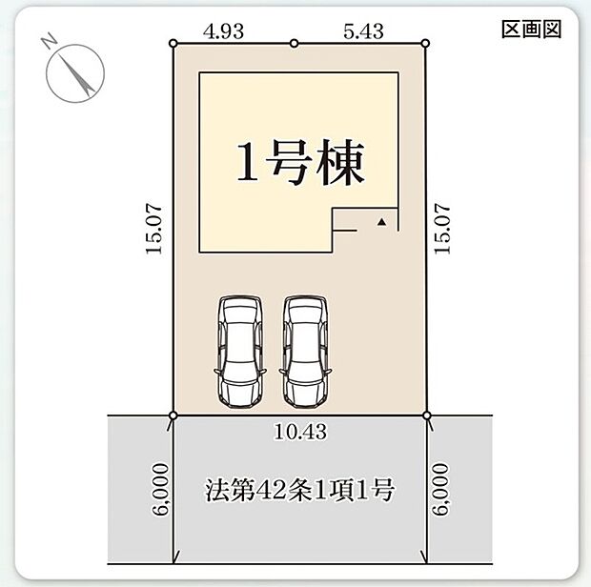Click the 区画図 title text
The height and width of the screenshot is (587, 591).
click(x=531, y=30)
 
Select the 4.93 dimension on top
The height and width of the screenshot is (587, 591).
click(x=225, y=30)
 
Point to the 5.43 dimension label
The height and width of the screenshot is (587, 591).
click(x=364, y=30)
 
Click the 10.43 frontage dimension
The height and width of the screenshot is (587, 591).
click(x=299, y=432)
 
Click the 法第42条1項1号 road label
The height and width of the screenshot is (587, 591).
click(x=299, y=493)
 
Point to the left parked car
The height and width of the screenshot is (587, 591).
click(x=239, y=351)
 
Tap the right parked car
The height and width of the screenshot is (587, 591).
click(x=304, y=351)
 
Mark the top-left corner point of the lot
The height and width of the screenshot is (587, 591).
click(x=173, y=43)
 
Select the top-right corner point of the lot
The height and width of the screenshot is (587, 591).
click(x=425, y=43)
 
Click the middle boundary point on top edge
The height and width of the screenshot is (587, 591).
click(x=294, y=43)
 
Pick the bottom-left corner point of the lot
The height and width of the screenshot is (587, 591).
click(x=173, y=415)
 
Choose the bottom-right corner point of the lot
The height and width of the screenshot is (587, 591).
click(x=425, y=415)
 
